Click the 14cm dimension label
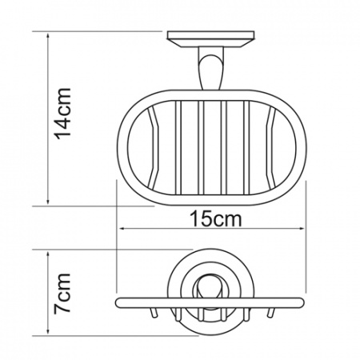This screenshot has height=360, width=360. [x=62, y=114]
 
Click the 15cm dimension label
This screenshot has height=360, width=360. [x=215, y=219]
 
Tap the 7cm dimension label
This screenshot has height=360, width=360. [x=62, y=293]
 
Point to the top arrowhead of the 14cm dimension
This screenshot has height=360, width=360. [x=48, y=36]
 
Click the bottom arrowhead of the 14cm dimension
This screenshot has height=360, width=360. [x=48, y=202]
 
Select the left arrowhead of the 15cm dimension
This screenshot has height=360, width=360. [x=122, y=229]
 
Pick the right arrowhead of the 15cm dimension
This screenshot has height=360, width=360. [x=301, y=229]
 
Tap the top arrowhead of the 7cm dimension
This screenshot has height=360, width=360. [x=48, y=254]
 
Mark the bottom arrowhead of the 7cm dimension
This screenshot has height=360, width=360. [x=48, y=331]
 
